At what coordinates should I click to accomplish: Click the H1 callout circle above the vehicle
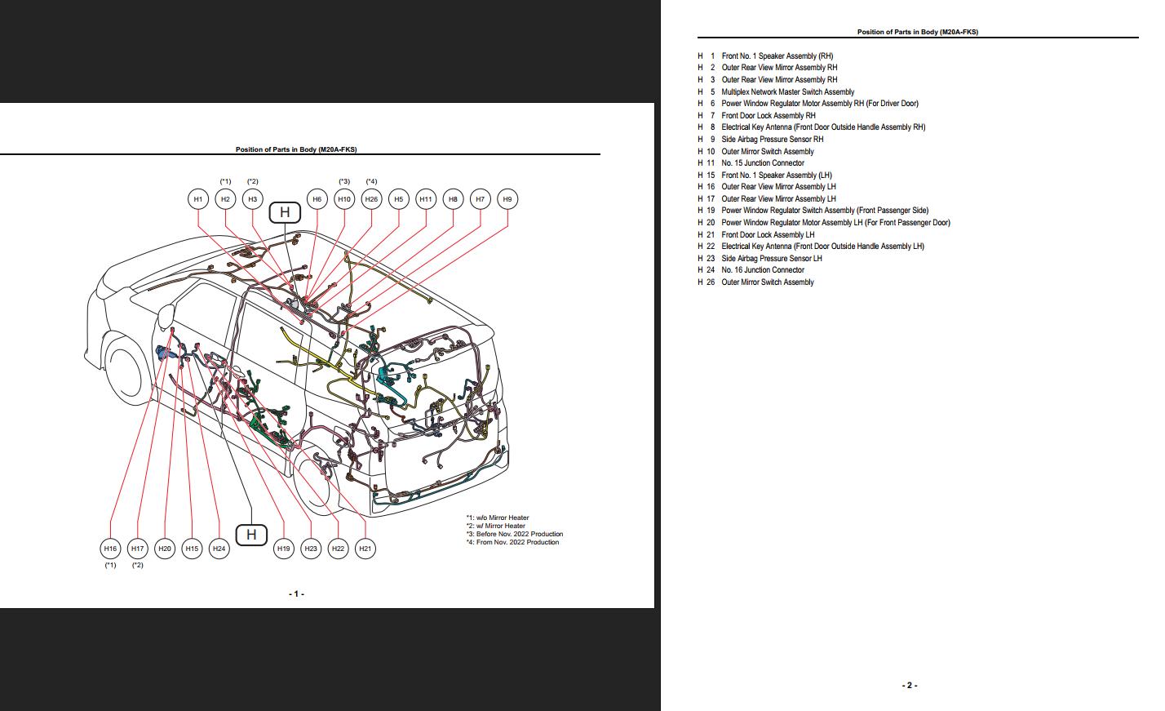coord(197,199)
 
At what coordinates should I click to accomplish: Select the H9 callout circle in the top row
coord(507,199)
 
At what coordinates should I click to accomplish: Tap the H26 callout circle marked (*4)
coord(371,199)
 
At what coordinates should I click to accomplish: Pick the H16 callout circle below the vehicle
coord(110,549)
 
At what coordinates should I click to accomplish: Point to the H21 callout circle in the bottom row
coord(365,549)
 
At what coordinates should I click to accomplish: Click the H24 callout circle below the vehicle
coord(219,549)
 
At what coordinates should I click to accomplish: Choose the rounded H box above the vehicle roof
coord(285,212)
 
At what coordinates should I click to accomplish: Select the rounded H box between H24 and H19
coord(251,535)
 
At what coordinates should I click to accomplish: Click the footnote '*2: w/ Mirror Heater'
coord(497,526)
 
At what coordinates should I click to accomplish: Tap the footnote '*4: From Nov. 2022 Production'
coord(512,542)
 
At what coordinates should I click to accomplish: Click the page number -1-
coord(296,594)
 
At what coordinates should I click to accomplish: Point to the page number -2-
coord(910,686)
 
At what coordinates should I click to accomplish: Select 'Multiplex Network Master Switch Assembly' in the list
coord(787,92)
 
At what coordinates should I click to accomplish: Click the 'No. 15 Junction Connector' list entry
coord(762,163)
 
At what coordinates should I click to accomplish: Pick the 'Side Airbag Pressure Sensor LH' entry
coord(771,259)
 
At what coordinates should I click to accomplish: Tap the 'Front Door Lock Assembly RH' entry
coord(768,116)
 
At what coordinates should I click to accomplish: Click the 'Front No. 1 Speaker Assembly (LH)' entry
coord(776,176)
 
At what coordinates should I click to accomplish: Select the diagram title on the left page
coord(296,149)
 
